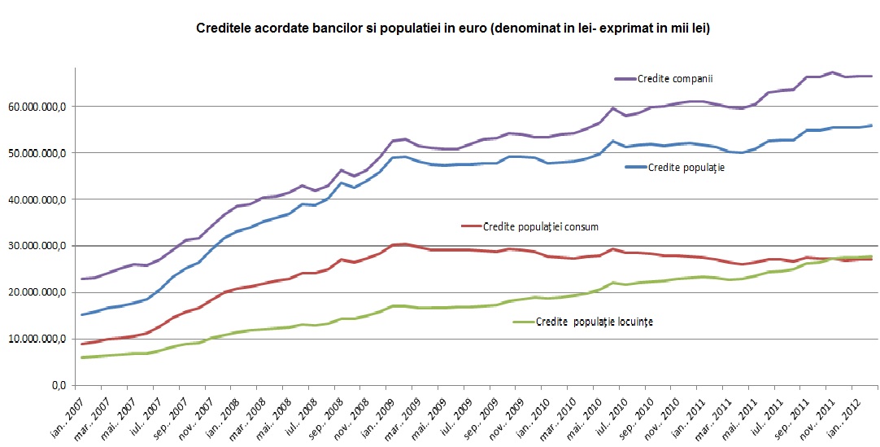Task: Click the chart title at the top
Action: coord(453,28)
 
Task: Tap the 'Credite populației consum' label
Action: coord(541,226)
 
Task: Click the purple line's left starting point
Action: coord(82,279)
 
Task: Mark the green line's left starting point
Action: coord(82,357)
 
